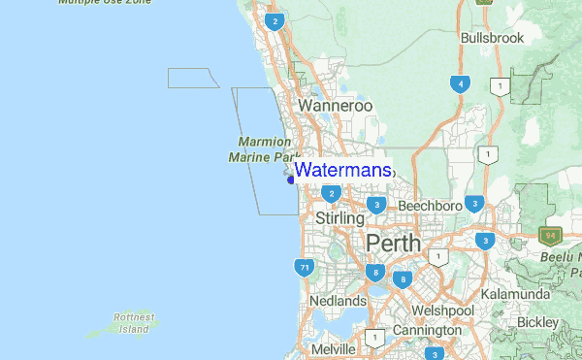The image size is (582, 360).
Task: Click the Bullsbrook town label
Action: pos(492,38)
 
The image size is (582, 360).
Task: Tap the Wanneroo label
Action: pos(336,105)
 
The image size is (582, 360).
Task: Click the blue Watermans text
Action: pos(343,170)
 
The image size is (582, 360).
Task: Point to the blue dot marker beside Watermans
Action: pos(290,176)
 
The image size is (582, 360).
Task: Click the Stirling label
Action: pos(339,219)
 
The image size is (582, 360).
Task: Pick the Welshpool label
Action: pos(441,311)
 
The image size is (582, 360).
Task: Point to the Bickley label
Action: pos(538,320)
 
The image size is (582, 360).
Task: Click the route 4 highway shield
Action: pos(460,83)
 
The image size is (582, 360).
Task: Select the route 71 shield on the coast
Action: pos(305,267)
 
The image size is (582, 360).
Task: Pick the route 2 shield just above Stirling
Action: pos(332,194)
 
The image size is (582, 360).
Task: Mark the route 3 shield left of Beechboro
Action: pos(375,205)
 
